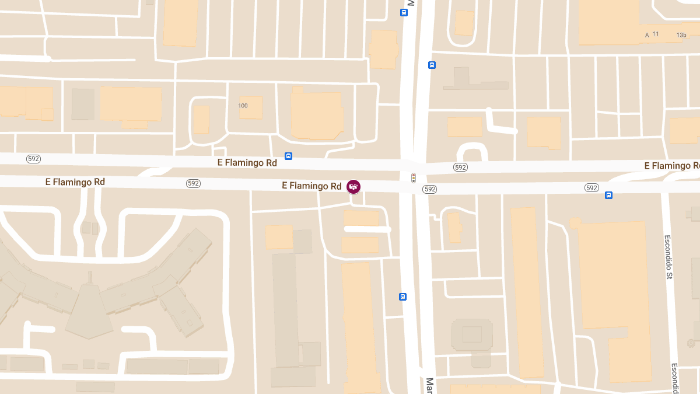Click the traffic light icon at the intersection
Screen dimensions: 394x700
pyautogui.click(x=414, y=177)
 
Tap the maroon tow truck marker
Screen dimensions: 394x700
pyautogui.click(x=353, y=187)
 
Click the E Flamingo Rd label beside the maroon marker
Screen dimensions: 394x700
pyautogui.click(x=311, y=186)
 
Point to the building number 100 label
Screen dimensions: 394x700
pyautogui.click(x=243, y=106)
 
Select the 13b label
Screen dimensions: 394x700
pyautogui.click(x=681, y=35)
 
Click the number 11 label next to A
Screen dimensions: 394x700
pyautogui.click(x=656, y=34)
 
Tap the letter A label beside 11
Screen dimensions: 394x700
pyautogui.click(x=647, y=35)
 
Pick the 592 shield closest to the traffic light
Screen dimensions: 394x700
pyautogui.click(x=430, y=189)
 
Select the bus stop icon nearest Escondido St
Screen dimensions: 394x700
pyautogui.click(x=608, y=195)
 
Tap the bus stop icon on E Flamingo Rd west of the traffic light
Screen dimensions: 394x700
pyautogui.click(x=288, y=156)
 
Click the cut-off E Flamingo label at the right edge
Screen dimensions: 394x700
pyautogui.click(x=671, y=166)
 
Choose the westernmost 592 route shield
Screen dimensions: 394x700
pyautogui.click(x=33, y=159)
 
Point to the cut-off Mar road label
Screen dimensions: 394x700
pyautogui.click(x=430, y=385)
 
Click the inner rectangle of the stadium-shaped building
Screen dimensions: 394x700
pyautogui.click(x=471, y=334)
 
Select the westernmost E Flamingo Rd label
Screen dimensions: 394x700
pyautogui.click(x=75, y=182)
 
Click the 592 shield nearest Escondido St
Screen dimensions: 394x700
pyautogui.click(x=591, y=188)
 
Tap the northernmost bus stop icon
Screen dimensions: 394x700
pyautogui.click(x=404, y=12)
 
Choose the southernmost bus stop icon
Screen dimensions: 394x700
pyautogui.click(x=402, y=297)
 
